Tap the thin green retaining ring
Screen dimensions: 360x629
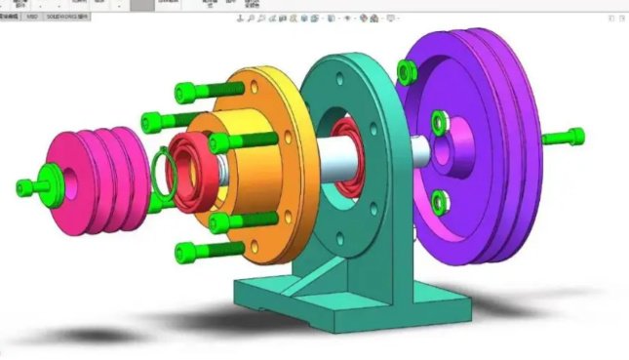coord(164,172)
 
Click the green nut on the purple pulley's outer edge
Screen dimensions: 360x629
coord(407,69)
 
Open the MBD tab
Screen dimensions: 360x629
coord(33,17)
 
